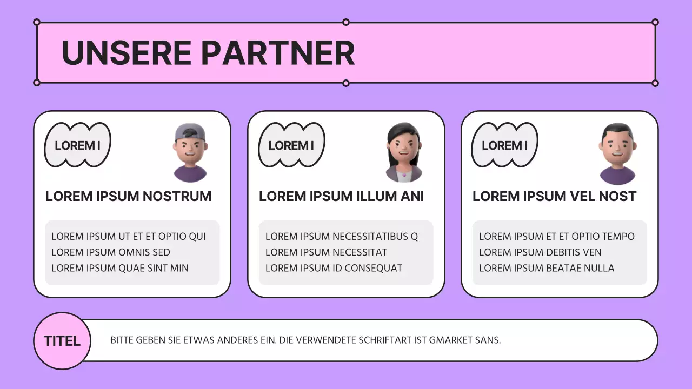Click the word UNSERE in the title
(127, 53)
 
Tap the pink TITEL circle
(62, 341)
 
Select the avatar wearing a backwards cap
(190, 152)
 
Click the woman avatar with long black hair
(404, 152)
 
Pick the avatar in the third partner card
(617, 153)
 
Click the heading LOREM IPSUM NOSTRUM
(128, 196)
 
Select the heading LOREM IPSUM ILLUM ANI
(341, 196)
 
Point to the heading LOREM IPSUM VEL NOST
(554, 196)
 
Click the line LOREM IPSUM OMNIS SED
(111, 252)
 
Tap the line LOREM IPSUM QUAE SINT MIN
(120, 268)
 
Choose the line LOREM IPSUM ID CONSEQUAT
(334, 268)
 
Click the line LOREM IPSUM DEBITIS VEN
(540, 252)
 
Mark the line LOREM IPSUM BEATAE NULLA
(547, 268)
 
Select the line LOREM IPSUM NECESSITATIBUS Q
(342, 237)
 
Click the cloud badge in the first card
(77, 145)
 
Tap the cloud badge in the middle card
(291, 145)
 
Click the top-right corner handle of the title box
(655, 22)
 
